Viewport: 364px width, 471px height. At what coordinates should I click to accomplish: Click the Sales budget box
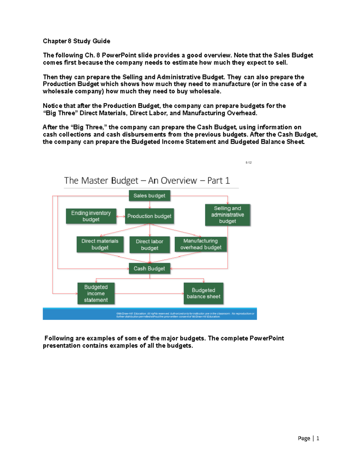(x=149, y=196)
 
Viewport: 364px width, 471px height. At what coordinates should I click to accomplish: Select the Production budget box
(x=149, y=216)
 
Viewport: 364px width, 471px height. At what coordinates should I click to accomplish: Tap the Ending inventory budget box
(x=91, y=216)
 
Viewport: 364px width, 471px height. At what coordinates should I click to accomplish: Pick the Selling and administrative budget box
(x=227, y=215)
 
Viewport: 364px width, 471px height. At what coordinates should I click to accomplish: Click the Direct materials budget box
(x=100, y=244)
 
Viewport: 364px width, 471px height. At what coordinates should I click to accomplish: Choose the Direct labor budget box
(x=149, y=244)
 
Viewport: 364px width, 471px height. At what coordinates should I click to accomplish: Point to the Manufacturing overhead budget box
(x=201, y=244)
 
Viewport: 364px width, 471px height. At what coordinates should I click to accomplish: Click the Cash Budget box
(x=149, y=268)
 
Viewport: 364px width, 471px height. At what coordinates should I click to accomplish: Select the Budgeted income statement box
(x=96, y=293)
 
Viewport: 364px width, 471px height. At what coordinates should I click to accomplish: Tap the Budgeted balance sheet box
(x=203, y=293)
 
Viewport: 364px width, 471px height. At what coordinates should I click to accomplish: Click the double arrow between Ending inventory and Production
(x=121, y=216)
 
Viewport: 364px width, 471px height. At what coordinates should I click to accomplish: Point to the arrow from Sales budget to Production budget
(x=150, y=205)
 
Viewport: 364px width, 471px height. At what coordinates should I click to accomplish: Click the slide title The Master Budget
(x=147, y=181)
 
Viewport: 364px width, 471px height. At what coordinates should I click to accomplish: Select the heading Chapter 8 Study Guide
(x=76, y=41)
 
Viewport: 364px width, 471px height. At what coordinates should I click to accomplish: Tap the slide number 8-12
(x=248, y=163)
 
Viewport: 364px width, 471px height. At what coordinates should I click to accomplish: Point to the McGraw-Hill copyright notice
(x=185, y=315)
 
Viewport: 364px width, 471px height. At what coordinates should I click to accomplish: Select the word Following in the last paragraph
(x=59, y=338)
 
